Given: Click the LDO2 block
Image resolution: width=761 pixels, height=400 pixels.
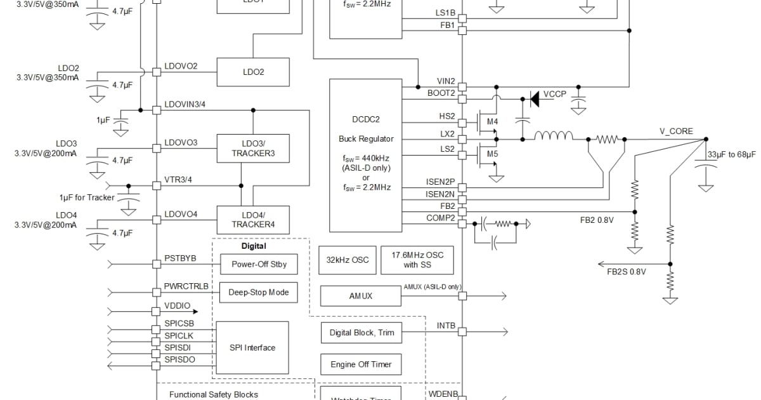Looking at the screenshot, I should coord(253,72).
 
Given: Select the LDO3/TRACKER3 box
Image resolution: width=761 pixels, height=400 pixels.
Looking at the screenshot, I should coord(253,149).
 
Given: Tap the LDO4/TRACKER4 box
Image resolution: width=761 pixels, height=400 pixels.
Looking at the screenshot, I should coord(253,220).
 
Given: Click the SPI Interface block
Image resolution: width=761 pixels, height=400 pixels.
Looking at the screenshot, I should coord(252,347).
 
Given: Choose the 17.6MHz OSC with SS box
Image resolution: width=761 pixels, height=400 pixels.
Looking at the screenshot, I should coord(417,260).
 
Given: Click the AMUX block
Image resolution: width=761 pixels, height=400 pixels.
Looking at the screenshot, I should coord(360,296).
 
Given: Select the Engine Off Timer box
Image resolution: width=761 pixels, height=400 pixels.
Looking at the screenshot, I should coord(361,364).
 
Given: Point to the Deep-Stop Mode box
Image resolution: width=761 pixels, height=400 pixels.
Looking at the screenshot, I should coord(258,292).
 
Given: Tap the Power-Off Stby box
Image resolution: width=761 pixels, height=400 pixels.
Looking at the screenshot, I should coord(258,264).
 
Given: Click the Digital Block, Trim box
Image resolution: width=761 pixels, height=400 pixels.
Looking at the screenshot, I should coord(361,333).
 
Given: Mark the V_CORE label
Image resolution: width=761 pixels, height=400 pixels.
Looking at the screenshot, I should coord(676,131).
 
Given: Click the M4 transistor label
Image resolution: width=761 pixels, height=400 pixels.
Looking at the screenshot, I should coord(492,121).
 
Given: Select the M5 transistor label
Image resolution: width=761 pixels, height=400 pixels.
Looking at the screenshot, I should coord(492,154).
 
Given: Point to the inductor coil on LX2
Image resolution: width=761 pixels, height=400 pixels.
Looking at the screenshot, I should coord(554,135).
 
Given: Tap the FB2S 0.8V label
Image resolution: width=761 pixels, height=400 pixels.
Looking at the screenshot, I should coord(626,272).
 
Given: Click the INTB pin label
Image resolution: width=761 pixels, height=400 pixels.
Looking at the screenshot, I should coord(446,326).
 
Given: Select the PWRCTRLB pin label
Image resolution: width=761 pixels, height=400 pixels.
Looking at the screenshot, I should coord(186,286).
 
